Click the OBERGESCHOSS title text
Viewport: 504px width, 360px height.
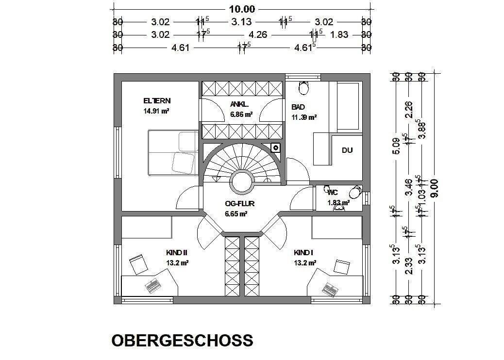pos(182,340)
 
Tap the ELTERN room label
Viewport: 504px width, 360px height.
pos(157,101)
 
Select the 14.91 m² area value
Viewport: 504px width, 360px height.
pos(156,111)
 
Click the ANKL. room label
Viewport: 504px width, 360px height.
pos(240,104)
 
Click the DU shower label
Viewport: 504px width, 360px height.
pos(347,150)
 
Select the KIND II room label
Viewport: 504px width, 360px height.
pos(176,253)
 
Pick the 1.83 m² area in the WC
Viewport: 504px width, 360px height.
pos(339,202)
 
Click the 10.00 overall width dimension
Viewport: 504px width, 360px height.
pos(241,9)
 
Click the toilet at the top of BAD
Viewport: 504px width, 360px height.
pos(304,88)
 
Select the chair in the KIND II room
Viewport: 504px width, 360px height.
pos(139,265)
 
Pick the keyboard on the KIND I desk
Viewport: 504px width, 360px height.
pos(330,288)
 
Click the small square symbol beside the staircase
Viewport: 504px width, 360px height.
pos(275,147)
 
